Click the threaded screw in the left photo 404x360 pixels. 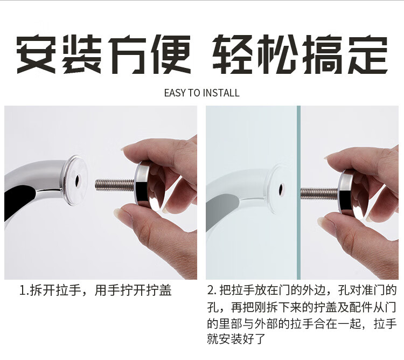click(115, 184)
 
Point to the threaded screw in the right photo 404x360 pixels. click(320, 193)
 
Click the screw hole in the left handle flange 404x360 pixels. click(77, 180)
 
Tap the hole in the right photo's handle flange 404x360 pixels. click(282, 188)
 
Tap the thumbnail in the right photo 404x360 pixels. click(323, 221)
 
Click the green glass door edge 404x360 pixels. click(298, 192)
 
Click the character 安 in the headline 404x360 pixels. click(36, 54)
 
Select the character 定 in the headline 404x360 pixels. click(368, 54)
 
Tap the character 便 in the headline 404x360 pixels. click(171, 54)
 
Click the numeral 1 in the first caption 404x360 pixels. click(23, 290)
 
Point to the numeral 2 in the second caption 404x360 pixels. click(211, 290)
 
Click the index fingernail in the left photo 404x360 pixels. click(128, 148)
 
